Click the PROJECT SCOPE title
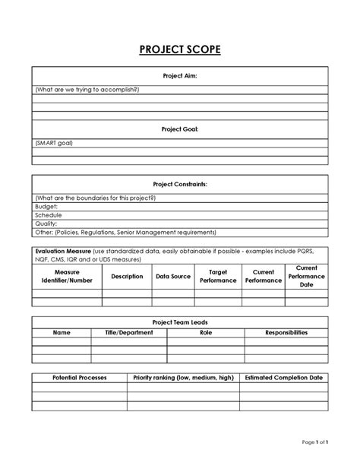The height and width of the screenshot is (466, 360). click(180, 51)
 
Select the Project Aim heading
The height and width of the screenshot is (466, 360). click(180, 76)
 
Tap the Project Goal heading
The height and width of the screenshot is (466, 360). click(180, 129)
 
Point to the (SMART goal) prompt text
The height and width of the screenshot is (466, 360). click(54, 142)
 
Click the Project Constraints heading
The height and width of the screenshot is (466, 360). click(180, 184)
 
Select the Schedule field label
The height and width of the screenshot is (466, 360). click(49, 215)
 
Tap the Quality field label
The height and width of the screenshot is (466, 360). click(46, 223)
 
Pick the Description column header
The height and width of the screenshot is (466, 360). click(127, 276)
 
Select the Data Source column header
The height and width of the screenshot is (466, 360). click(173, 276)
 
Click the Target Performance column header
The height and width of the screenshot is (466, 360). click(218, 276)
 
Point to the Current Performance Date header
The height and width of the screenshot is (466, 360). click(306, 276)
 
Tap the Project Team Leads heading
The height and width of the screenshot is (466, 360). click(180, 322)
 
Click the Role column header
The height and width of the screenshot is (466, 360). click(206, 333)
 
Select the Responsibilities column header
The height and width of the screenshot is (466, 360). click(286, 333)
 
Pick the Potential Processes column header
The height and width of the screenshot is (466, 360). click(79, 377)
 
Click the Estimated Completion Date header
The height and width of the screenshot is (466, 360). click(284, 377)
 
